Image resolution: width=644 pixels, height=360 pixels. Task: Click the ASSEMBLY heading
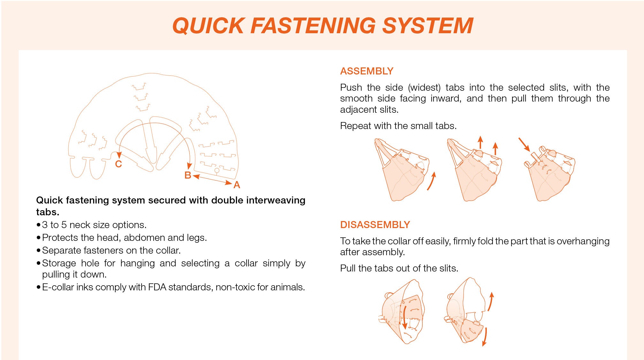click(367, 71)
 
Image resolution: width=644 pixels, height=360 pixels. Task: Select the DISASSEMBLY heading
click(375, 225)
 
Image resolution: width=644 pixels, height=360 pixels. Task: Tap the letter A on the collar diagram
click(237, 185)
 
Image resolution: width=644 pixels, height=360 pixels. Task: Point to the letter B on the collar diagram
click(188, 175)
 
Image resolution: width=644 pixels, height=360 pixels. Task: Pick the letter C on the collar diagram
click(119, 164)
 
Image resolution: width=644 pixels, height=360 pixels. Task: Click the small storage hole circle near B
click(217, 170)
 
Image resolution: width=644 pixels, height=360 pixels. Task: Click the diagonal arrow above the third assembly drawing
click(524, 144)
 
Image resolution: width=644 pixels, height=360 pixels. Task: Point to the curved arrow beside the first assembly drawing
click(432, 181)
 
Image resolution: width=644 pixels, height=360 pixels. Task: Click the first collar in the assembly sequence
click(402, 170)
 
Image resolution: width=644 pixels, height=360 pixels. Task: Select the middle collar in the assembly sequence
click(474, 170)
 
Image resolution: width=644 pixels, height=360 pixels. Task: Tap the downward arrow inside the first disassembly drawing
click(405, 318)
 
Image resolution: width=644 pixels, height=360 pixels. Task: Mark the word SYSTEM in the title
click(428, 26)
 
